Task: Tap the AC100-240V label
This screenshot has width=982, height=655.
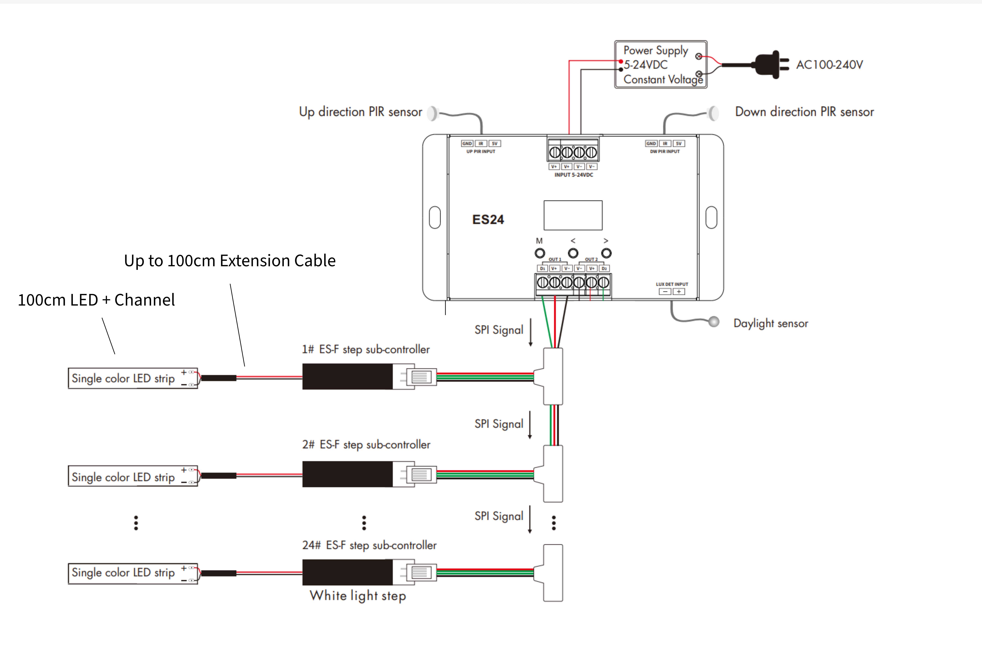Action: (x=829, y=65)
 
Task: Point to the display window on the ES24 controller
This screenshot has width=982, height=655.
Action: (x=573, y=215)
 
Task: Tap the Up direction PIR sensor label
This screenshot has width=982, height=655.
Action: (x=360, y=112)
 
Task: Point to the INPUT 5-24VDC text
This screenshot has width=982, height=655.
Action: (x=574, y=175)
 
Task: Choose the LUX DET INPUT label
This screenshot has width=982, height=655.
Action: (x=672, y=284)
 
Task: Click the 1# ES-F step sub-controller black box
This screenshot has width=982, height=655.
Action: (x=347, y=376)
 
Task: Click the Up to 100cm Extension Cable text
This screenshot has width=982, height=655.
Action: (x=230, y=261)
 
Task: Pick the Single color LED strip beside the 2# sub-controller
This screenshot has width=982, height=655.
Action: (x=133, y=476)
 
